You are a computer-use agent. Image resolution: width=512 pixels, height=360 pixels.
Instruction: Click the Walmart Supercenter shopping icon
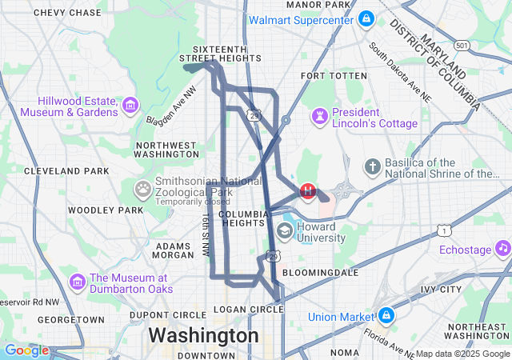pyautogui.click(x=366, y=18)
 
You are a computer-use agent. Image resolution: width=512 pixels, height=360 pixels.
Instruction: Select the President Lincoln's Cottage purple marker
pyautogui.click(x=320, y=117)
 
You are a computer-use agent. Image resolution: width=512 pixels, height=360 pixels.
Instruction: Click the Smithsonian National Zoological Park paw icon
pyautogui.click(x=143, y=189)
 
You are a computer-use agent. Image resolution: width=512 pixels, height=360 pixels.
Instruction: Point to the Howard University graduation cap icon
pyautogui.click(x=284, y=231)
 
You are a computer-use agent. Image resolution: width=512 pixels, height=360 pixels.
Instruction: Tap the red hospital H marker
pyautogui.click(x=308, y=191)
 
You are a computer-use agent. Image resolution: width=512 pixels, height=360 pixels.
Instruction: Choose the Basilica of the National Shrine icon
pyautogui.click(x=372, y=167)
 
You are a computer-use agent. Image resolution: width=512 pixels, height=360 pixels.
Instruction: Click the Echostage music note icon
pyautogui.click(x=502, y=249)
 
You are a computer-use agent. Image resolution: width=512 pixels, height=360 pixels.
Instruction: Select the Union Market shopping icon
pyautogui.click(x=386, y=315)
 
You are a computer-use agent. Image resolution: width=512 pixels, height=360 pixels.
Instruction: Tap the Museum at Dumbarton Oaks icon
pyautogui.click(x=78, y=282)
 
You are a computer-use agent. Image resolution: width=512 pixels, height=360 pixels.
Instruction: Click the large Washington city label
pyautogui.click(x=203, y=334)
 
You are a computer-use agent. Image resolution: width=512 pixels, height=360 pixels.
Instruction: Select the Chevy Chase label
pyautogui.click(x=67, y=13)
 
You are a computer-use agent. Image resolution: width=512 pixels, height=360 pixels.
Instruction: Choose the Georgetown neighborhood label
pyautogui.click(x=71, y=319)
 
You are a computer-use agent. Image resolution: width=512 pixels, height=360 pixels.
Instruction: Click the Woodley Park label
pyautogui.click(x=105, y=210)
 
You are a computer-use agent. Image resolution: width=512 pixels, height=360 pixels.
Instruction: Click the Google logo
pyautogui.click(x=26, y=350)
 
